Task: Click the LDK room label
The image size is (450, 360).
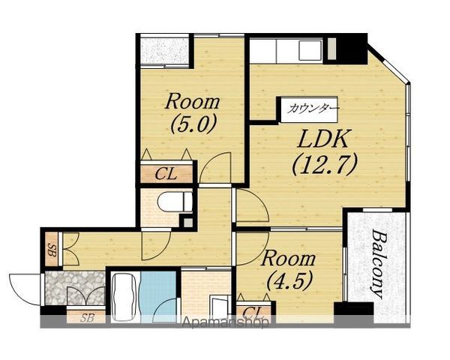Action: click(324, 139)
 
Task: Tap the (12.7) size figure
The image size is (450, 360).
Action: click(325, 165)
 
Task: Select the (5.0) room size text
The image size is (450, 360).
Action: click(193, 124)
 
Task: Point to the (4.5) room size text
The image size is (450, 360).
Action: click(289, 280)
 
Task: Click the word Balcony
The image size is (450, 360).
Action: click(379, 264)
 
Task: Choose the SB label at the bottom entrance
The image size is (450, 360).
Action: click(87, 317)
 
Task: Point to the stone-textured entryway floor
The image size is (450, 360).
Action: click(75, 288)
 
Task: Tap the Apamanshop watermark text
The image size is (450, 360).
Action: click(226, 322)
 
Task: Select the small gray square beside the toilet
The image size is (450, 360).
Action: click(188, 223)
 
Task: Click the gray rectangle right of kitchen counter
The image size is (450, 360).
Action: click(331, 49)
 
